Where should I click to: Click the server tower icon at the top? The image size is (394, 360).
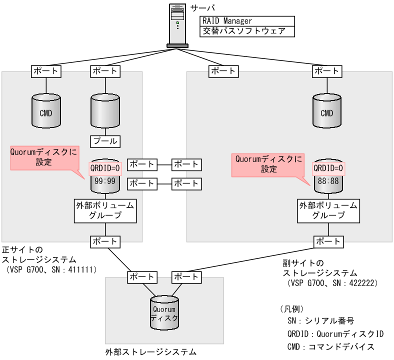[177, 25]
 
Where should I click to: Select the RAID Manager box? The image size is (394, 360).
[247, 21]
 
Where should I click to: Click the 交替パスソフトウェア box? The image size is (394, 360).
[247, 31]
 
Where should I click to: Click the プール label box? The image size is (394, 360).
[105, 141]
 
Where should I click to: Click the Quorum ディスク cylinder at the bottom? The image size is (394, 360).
[164, 313]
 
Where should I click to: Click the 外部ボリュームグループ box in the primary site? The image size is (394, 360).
[105, 210]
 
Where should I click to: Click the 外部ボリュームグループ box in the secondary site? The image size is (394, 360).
[328, 210]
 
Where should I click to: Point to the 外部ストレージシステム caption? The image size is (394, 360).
[151, 352]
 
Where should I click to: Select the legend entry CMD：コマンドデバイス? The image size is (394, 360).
[330, 346]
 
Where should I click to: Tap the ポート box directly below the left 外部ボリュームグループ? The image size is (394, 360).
[105, 241]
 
